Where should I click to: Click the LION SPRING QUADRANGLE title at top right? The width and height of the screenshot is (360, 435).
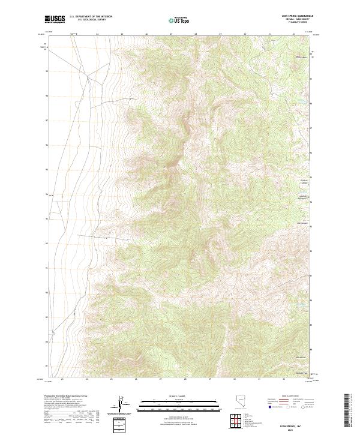302,16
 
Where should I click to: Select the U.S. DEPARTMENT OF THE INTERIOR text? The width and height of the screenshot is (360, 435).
91,17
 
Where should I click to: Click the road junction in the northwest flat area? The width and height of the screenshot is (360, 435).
88,77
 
